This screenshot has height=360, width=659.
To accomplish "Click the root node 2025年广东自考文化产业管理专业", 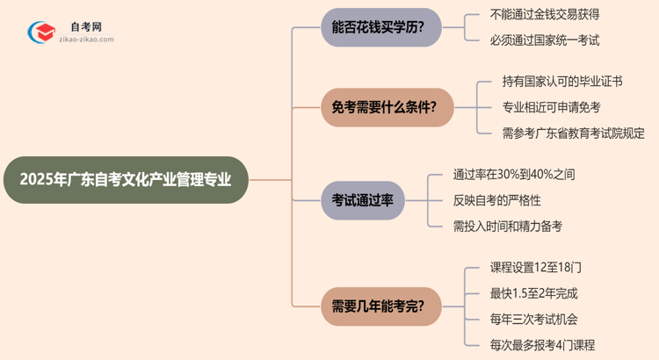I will point(125,180).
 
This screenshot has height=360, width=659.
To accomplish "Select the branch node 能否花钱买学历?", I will point(380,26).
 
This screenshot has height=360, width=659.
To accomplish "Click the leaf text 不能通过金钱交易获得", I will point(545,14).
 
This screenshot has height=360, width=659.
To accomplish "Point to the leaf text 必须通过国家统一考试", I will point(545,40).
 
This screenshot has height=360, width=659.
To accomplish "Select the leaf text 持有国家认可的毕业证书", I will point(563,82).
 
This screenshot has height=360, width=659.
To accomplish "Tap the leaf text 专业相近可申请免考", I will point(551,107).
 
